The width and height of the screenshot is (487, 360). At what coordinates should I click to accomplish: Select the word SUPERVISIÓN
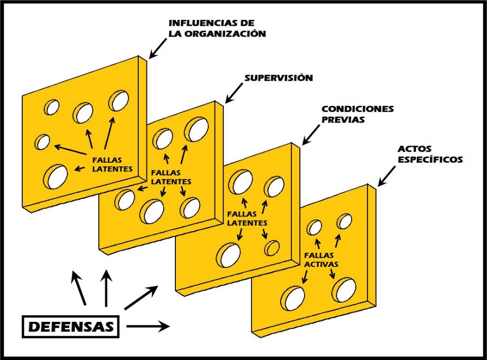pos(278,78)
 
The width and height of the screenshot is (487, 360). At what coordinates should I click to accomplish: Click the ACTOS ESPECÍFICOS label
pos(431,154)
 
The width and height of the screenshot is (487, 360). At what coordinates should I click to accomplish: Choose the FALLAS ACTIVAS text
pos(321,260)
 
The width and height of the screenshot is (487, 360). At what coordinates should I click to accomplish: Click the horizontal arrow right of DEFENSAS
pos(147,326)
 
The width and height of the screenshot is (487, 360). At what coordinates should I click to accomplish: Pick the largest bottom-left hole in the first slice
pos(56,176)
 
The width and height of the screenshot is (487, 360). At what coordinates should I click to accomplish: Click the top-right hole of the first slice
pos(119,100)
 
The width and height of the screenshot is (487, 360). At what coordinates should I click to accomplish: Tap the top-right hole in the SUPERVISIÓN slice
pos(196,129)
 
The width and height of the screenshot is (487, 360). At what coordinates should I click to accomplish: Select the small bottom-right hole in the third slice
pos(272,248)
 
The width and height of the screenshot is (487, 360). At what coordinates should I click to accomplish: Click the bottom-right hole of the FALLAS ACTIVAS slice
pos(345,290)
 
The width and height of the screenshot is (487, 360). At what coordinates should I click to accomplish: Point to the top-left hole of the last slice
pos(315,227)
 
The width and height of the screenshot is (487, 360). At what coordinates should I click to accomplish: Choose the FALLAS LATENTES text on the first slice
pos(112,164)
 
